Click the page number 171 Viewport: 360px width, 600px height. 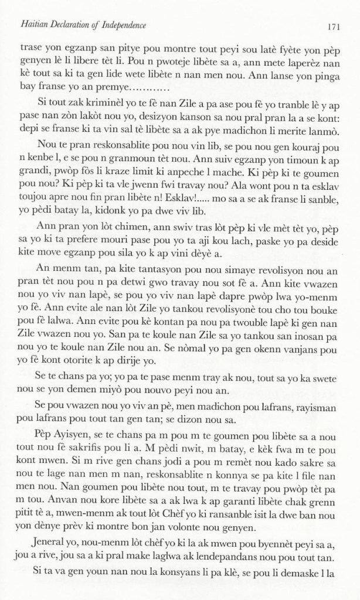(x=340, y=26)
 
